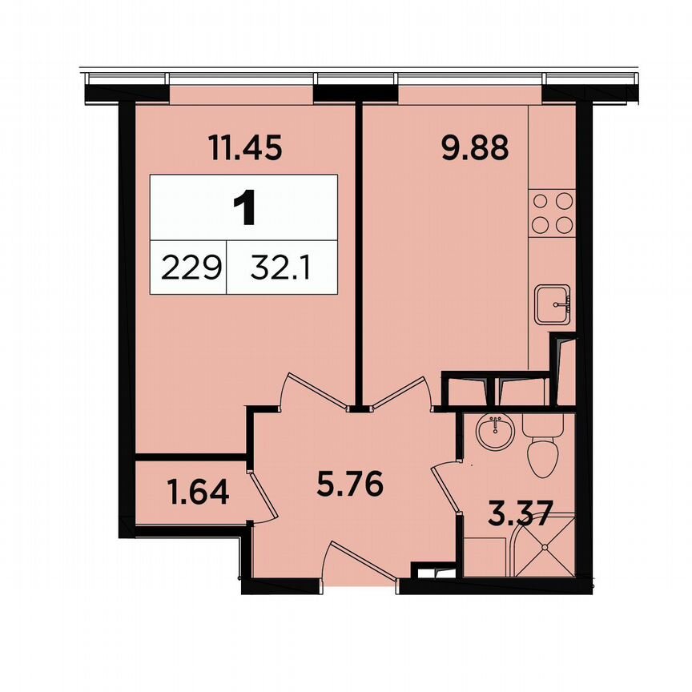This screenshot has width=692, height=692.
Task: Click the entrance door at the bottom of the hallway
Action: [x=360, y=565]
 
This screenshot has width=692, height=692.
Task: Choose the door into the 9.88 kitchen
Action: [x=404, y=392]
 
